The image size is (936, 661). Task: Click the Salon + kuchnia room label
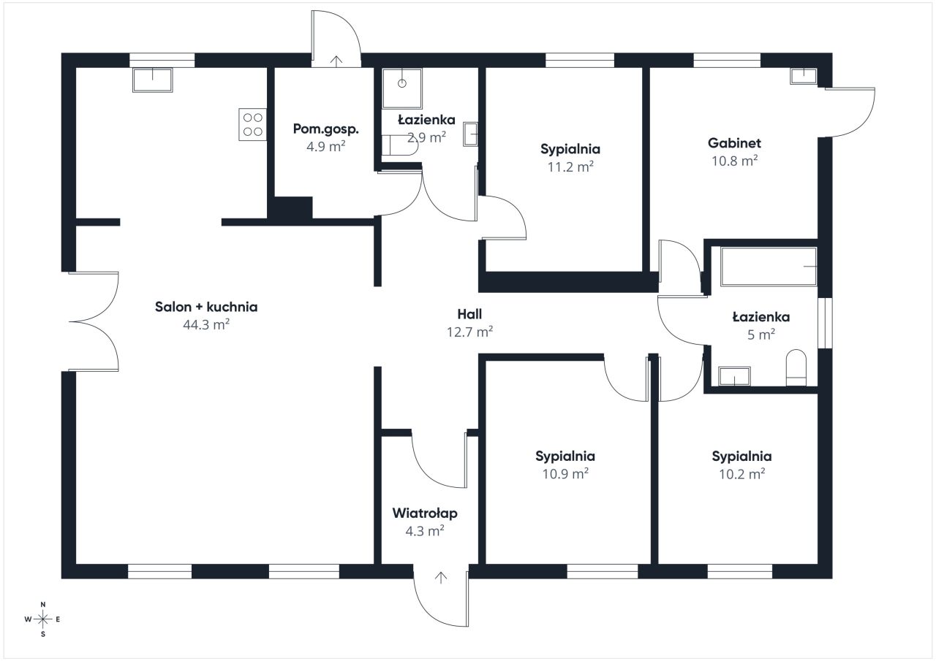coord(206,307)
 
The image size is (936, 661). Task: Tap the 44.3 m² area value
coord(206,325)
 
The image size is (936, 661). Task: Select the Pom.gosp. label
coord(326,129)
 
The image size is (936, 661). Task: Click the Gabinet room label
coord(734,143)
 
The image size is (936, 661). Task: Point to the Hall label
coord(469,314)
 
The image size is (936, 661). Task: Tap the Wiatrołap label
coord(425,513)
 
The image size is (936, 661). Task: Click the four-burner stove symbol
coord(252,124)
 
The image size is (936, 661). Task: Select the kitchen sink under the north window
coord(153,80)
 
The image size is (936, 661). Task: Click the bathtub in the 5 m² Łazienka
coord(769,267)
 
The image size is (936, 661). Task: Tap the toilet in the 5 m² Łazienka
coord(796,367)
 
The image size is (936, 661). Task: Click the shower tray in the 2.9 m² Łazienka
coord(402,88)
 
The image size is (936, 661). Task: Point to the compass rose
coord(42,619)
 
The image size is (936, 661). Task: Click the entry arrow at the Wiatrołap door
coord(441,578)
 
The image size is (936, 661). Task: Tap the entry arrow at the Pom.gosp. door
coord(336,61)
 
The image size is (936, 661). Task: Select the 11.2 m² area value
coord(570,167)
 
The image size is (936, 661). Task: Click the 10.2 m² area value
coord(741,474)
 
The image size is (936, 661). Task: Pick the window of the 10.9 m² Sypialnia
coord(603,571)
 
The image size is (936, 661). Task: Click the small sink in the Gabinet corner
coord(803,77)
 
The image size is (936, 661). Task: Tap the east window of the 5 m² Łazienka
coord(825,323)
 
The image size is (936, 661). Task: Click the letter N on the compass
coord(42,604)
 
